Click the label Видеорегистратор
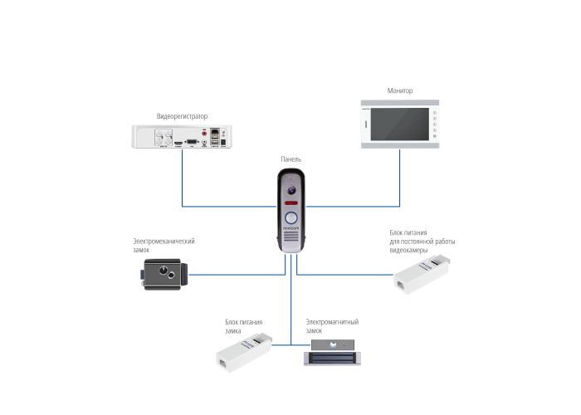[182, 116]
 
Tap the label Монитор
[400, 90]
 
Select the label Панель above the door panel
[290, 159]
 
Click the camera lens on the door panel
[291, 190]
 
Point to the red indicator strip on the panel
[290, 203]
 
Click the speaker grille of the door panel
[290, 237]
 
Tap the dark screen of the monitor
[400, 124]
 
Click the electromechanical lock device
[164, 274]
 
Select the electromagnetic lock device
[332, 353]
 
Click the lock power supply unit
[244, 353]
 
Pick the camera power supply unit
[422, 275]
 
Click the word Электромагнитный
[332, 322]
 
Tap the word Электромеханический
[164, 242]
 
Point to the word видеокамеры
[408, 251]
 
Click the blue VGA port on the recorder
[192, 142]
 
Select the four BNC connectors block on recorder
[164, 137]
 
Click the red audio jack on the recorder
[204, 134]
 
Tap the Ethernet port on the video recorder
[214, 132]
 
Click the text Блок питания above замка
[243, 322]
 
